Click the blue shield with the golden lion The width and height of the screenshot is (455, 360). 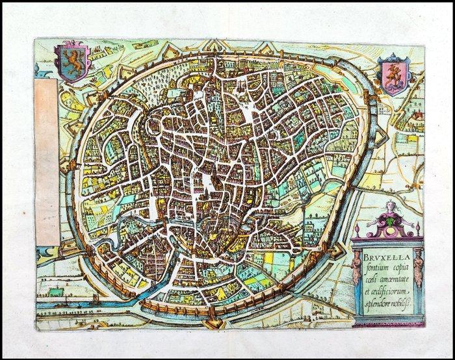click(72, 62)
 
